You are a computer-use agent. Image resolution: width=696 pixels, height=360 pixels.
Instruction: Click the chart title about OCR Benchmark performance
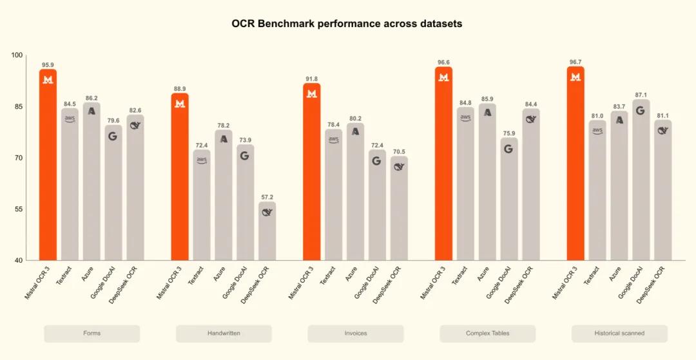click(347, 24)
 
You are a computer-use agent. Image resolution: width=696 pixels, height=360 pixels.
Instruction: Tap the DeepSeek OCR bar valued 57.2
click(267, 232)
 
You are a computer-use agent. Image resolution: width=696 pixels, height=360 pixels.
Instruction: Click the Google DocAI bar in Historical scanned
click(641, 180)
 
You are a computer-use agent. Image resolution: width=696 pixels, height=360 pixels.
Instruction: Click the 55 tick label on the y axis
click(17, 209)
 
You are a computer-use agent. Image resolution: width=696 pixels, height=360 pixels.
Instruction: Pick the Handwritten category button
click(224, 334)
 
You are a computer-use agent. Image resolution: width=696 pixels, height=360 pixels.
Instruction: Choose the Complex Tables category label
click(487, 334)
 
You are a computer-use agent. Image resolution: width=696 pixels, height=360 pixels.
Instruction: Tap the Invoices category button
click(355, 334)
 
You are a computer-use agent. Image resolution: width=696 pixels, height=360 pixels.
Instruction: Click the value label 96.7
click(575, 62)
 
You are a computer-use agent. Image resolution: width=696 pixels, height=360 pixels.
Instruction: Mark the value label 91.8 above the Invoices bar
click(311, 79)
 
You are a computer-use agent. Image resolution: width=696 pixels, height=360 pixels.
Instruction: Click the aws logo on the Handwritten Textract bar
click(202, 160)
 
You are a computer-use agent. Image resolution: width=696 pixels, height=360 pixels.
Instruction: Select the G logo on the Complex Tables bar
click(508, 149)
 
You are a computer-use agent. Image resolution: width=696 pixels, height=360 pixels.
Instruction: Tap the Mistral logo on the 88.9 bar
click(180, 104)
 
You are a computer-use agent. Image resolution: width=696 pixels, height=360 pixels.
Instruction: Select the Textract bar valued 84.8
click(465, 184)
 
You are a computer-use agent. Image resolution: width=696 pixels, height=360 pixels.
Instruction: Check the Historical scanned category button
click(619, 334)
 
